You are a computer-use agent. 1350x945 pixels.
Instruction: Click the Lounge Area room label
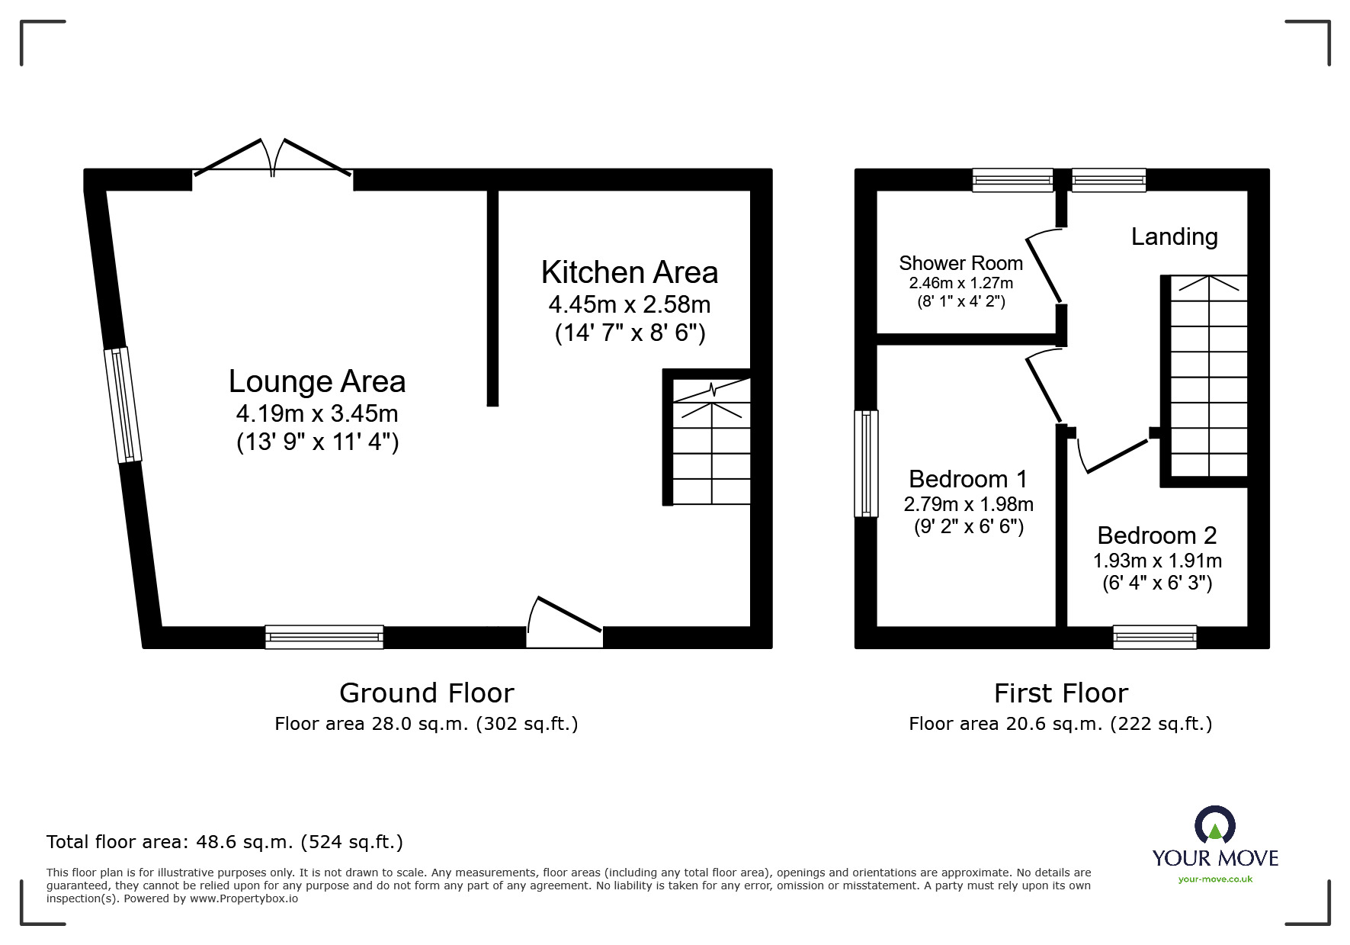click(317, 381)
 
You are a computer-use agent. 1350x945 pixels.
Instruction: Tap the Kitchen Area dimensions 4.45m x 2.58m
click(630, 304)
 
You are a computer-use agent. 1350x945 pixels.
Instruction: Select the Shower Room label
click(960, 263)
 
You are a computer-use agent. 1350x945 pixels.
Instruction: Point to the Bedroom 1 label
click(968, 479)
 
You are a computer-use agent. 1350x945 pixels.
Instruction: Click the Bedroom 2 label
click(1156, 535)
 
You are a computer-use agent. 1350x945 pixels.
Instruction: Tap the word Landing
click(1174, 236)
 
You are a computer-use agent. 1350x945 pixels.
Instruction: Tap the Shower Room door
click(1044, 267)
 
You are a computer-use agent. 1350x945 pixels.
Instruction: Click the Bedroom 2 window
click(1154, 637)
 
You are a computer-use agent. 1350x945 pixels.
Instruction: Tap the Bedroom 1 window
click(866, 463)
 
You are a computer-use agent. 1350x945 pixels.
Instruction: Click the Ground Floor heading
click(426, 693)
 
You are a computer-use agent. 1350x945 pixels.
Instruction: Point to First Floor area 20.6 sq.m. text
click(1060, 723)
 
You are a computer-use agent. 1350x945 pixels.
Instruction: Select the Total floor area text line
click(224, 842)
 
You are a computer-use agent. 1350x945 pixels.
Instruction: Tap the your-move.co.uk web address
click(1215, 879)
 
